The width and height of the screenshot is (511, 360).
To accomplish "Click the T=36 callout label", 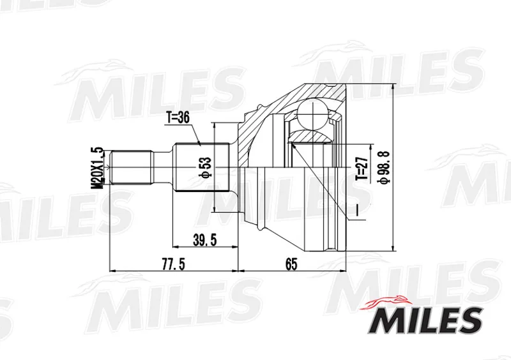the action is pos(178,118).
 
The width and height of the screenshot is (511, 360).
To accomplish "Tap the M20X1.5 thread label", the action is pos(97,168).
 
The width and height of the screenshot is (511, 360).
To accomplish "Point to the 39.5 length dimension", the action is pos(204,240).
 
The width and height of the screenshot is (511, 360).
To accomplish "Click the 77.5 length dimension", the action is pos(173,264).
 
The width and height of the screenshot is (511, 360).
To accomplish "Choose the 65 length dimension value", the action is pos(291,264).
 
